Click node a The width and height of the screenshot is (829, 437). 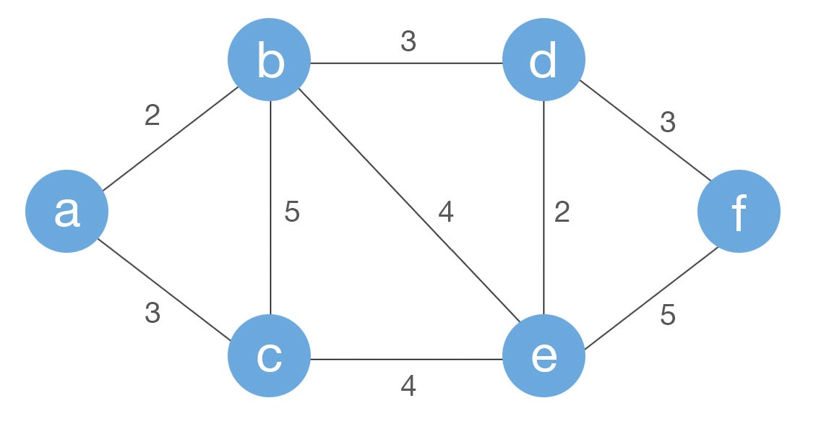pyautogui.click(x=66, y=211)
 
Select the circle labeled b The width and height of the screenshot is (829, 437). pyautogui.click(x=269, y=61)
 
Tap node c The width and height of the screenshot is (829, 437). pyautogui.click(x=269, y=356)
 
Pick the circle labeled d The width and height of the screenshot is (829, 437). pyautogui.click(x=544, y=61)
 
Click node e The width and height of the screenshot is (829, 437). pyautogui.click(x=544, y=356)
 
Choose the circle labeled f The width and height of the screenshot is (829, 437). pyautogui.click(x=739, y=211)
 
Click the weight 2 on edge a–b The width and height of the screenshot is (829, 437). pyautogui.click(x=152, y=116)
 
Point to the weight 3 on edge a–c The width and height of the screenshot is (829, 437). pyautogui.click(x=152, y=313)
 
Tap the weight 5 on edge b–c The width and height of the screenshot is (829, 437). pyautogui.click(x=291, y=212)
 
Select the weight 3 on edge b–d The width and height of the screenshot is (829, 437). pyautogui.click(x=408, y=42)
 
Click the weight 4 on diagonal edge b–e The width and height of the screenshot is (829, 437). pyautogui.click(x=445, y=212)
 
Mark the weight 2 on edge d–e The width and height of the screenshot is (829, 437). pyautogui.click(x=562, y=212)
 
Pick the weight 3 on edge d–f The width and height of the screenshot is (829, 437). pyautogui.click(x=667, y=123)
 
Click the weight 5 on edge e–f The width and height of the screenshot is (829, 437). pyautogui.click(x=667, y=316)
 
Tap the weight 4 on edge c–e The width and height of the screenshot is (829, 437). pyautogui.click(x=408, y=386)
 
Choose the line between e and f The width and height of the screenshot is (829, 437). pyautogui.click(x=650, y=298)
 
